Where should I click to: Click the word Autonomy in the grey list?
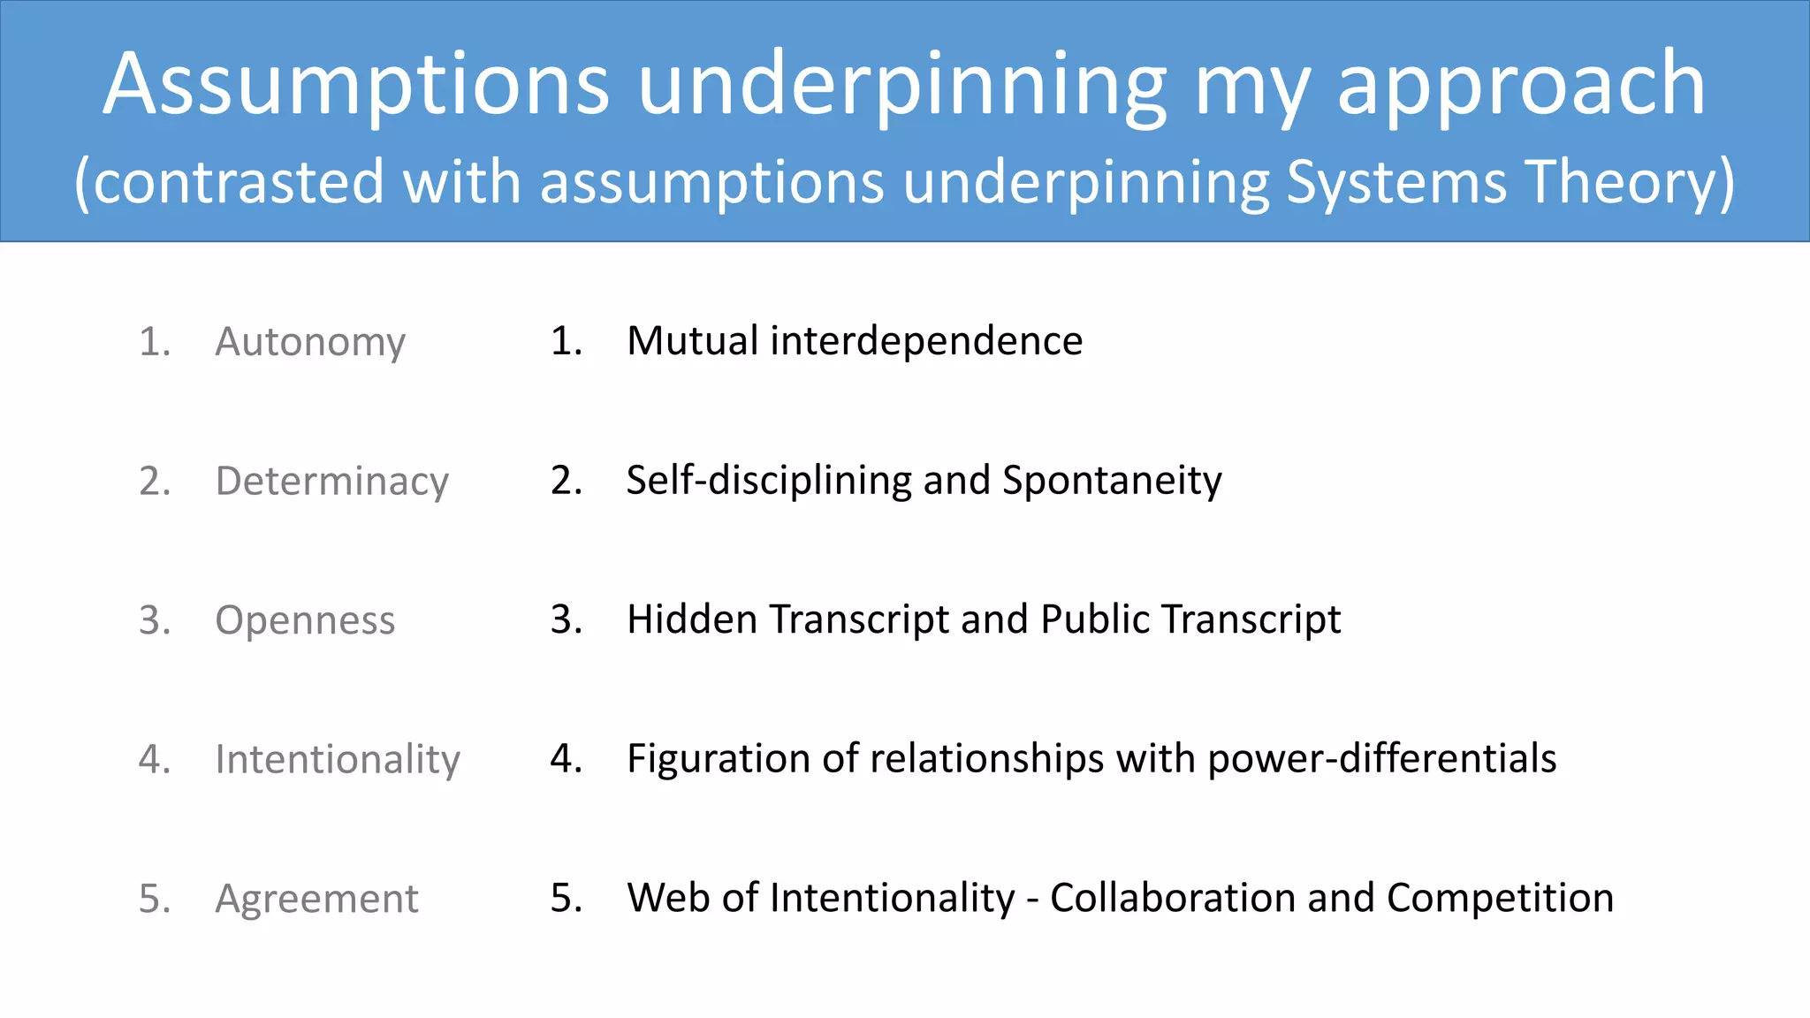click(x=310, y=342)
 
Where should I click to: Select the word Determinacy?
click(x=332, y=482)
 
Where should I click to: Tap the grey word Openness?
click(x=305, y=620)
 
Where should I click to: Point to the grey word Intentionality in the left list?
click(x=338, y=760)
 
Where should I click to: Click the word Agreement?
click(x=316, y=899)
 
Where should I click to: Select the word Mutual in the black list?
click(x=692, y=341)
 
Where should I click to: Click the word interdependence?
click(x=926, y=341)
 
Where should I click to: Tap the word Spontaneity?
click(x=1112, y=481)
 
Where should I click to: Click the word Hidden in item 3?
click(x=692, y=619)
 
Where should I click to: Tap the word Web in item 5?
click(x=669, y=898)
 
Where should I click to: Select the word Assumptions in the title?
click(x=356, y=85)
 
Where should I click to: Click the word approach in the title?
click(x=1521, y=87)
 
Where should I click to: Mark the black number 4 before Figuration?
click(x=564, y=759)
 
